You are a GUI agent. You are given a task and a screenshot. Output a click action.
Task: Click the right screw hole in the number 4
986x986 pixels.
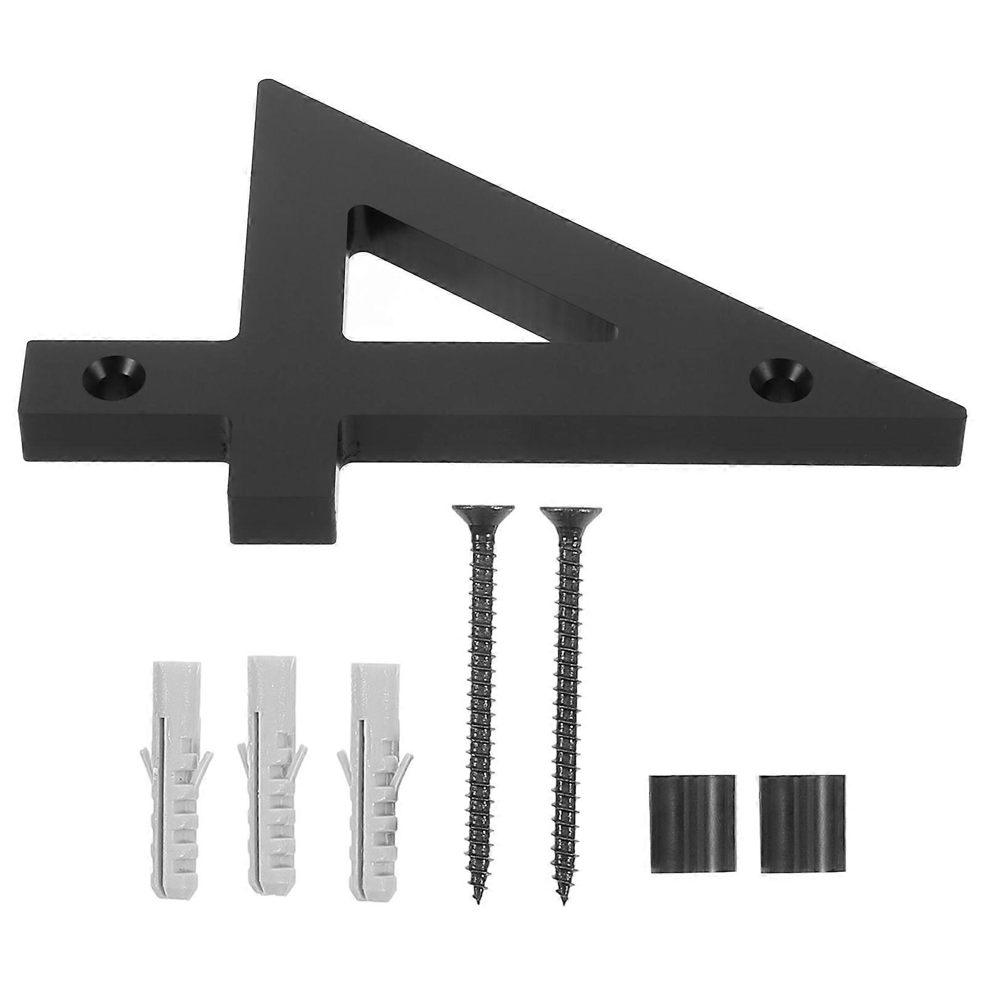(x=781, y=380)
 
